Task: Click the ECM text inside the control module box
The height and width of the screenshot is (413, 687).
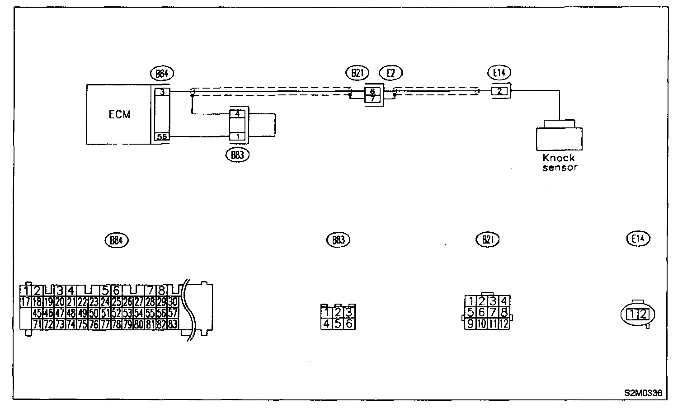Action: point(119,114)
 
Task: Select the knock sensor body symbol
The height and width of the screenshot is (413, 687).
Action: point(559,138)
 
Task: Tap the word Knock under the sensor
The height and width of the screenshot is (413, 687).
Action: point(559,158)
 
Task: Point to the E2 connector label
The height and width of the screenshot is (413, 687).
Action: point(391,72)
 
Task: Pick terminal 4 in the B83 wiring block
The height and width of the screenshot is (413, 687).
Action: point(237,114)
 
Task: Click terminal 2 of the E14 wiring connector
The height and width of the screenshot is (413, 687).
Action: point(499,91)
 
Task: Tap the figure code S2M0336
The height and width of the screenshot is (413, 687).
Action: point(644,393)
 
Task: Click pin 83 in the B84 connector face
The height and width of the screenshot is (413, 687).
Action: point(172,324)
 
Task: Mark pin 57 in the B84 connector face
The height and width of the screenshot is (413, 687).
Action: point(172,313)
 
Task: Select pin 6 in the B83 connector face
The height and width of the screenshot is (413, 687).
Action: point(348,324)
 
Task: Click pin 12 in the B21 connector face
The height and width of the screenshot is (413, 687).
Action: point(504,324)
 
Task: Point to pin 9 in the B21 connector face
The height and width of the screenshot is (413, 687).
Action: point(471,324)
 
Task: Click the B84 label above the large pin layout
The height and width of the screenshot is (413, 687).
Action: point(116,240)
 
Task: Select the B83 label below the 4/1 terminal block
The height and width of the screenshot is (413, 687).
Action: point(237,155)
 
